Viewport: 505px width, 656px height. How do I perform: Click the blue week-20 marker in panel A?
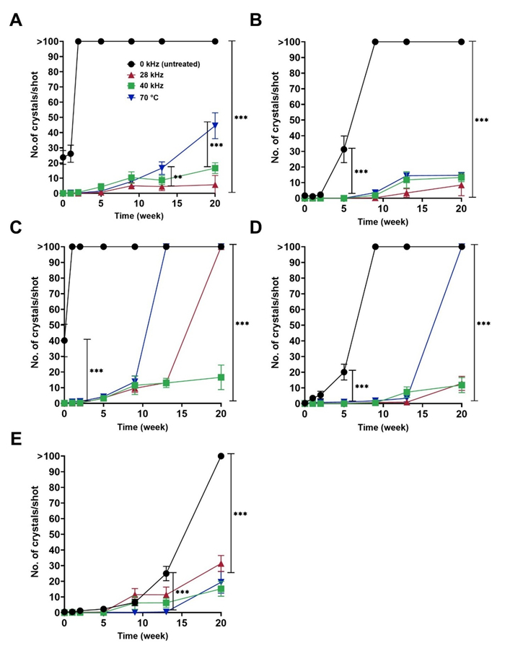pyautogui.click(x=215, y=125)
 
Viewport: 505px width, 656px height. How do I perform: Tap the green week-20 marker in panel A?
pyautogui.click(x=215, y=168)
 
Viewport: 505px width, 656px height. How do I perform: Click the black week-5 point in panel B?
pyautogui.click(x=343, y=149)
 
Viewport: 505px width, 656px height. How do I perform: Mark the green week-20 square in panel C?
pyautogui.click(x=221, y=377)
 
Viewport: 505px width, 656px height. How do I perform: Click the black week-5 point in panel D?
pyautogui.click(x=343, y=372)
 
